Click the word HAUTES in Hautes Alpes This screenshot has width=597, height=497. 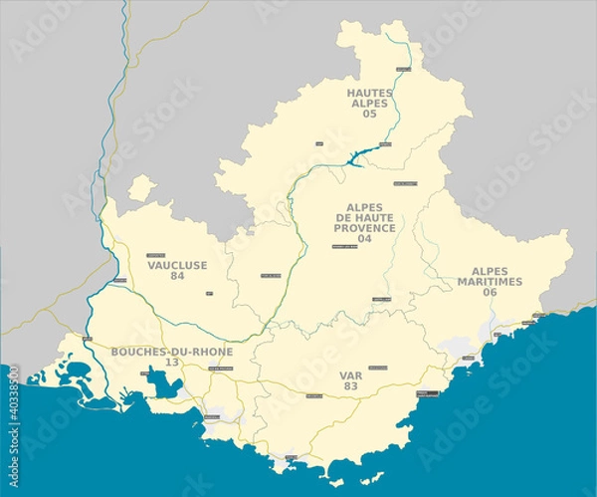coord(369,93)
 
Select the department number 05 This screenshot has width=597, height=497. coord(369,115)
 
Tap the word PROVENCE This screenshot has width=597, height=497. coord(364,227)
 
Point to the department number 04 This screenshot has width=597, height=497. coord(364,239)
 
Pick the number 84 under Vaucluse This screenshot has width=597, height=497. coord(177,276)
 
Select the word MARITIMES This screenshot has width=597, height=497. coord(490,282)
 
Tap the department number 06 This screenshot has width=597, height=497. coord(490,293)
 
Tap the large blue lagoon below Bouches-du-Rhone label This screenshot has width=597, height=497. coord(157,381)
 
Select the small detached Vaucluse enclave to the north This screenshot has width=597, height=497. coord(142,186)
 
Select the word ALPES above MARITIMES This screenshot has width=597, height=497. coord(490,271)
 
